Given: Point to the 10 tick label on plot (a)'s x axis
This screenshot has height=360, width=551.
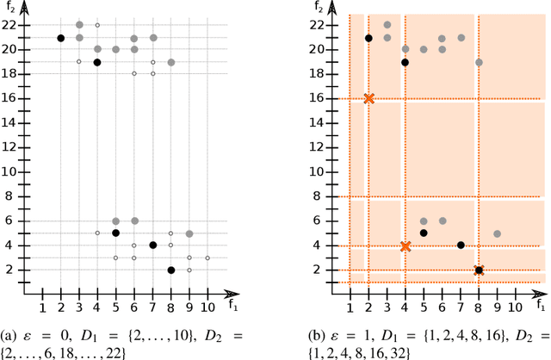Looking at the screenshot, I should [x=207, y=307].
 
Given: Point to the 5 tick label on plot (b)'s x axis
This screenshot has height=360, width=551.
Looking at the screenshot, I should [x=424, y=307].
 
